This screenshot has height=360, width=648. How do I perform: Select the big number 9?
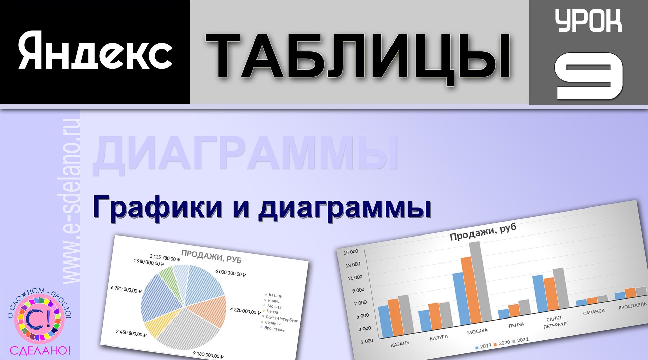pos(589,76)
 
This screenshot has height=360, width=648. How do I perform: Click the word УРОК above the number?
pos(588,21)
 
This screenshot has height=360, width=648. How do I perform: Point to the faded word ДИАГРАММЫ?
pos(246,154)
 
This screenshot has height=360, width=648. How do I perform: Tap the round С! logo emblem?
pos(39,319)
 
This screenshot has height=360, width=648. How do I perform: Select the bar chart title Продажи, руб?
pos(483,232)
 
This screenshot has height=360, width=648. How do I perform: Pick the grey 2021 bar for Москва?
pos(481,282)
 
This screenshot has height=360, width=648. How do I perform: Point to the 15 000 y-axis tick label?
pos(351,252)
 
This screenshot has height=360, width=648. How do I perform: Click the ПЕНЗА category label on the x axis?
pos(516,325)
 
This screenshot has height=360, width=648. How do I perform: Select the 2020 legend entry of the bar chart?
pos(502,343)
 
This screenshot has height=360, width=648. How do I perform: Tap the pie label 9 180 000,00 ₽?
pos(208,355)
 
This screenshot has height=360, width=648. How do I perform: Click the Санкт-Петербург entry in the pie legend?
pos(281,319)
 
